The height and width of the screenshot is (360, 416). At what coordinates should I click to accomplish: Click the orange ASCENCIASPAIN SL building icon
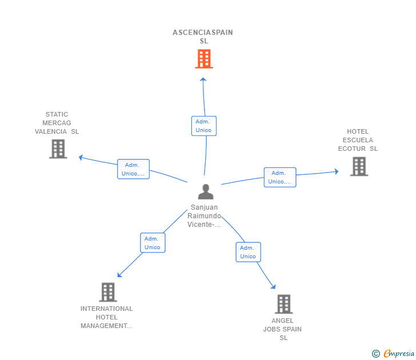(203, 58)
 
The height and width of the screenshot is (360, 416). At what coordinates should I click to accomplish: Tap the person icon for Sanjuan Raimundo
(205, 191)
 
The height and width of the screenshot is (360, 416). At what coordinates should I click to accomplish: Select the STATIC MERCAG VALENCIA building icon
(58, 149)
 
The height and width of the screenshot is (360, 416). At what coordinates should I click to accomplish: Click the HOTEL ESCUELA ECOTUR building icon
(359, 166)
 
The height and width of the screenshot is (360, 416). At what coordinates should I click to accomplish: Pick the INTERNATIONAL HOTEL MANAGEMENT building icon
(107, 292)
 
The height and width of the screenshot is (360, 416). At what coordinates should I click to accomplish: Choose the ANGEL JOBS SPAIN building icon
(283, 304)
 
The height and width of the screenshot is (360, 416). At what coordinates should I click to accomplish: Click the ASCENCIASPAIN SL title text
(203, 37)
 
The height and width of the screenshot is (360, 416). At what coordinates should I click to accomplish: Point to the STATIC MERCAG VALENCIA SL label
(57, 123)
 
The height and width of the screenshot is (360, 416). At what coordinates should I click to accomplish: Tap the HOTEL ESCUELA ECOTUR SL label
(358, 140)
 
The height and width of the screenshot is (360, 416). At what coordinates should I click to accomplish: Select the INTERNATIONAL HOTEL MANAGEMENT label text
(107, 317)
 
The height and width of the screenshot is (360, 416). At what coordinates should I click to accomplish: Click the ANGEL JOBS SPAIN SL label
(283, 329)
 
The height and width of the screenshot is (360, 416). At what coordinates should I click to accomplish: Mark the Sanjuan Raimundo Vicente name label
(204, 216)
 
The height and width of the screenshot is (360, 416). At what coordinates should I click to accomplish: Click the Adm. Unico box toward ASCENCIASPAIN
(203, 126)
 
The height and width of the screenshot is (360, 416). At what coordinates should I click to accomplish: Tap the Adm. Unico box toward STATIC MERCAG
(133, 169)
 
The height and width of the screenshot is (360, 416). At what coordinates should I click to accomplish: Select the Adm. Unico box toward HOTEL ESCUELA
(279, 177)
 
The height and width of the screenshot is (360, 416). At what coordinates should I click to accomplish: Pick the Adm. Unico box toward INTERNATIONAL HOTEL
(153, 243)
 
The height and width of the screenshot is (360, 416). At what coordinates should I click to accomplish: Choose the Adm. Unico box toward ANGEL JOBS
(248, 252)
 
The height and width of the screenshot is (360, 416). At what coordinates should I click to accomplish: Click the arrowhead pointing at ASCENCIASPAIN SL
(202, 79)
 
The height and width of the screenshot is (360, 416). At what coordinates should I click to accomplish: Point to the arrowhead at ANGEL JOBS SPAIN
(273, 287)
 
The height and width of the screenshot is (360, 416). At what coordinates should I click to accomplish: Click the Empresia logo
(394, 354)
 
